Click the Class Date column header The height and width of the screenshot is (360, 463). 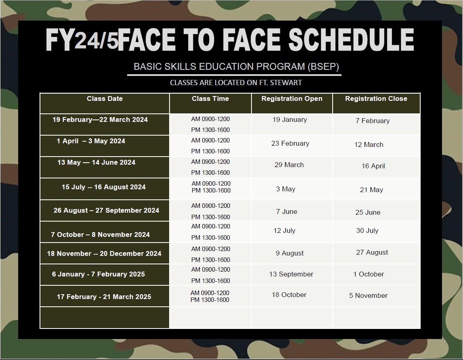pyautogui.click(x=105, y=98)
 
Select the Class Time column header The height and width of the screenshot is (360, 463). pyautogui.click(x=210, y=98)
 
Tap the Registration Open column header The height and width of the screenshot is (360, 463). pyautogui.click(x=292, y=98)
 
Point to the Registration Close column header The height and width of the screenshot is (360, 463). pyautogui.click(x=376, y=98)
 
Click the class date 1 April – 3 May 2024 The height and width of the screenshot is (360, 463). pyautogui.click(x=91, y=141)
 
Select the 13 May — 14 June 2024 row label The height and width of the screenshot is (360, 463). pyautogui.click(x=96, y=162)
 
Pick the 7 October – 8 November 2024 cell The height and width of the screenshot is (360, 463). pyautogui.click(x=101, y=234)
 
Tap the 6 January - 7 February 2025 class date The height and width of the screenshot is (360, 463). pyautogui.click(x=98, y=274)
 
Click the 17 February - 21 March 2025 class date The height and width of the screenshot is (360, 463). pyautogui.click(x=104, y=297)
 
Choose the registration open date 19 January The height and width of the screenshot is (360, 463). pyautogui.click(x=290, y=119)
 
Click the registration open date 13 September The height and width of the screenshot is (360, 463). pyautogui.click(x=291, y=274)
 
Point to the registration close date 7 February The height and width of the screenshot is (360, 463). pyautogui.click(x=373, y=121)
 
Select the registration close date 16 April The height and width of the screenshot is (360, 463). pyautogui.click(x=373, y=166)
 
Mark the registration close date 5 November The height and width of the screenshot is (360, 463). pyautogui.click(x=368, y=295)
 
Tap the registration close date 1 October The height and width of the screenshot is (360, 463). pyautogui.click(x=369, y=274)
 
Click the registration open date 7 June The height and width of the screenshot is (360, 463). pyautogui.click(x=287, y=212)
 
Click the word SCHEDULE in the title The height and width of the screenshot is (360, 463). pyautogui.click(x=351, y=40)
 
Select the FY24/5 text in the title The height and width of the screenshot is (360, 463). pyautogui.click(x=82, y=40)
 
